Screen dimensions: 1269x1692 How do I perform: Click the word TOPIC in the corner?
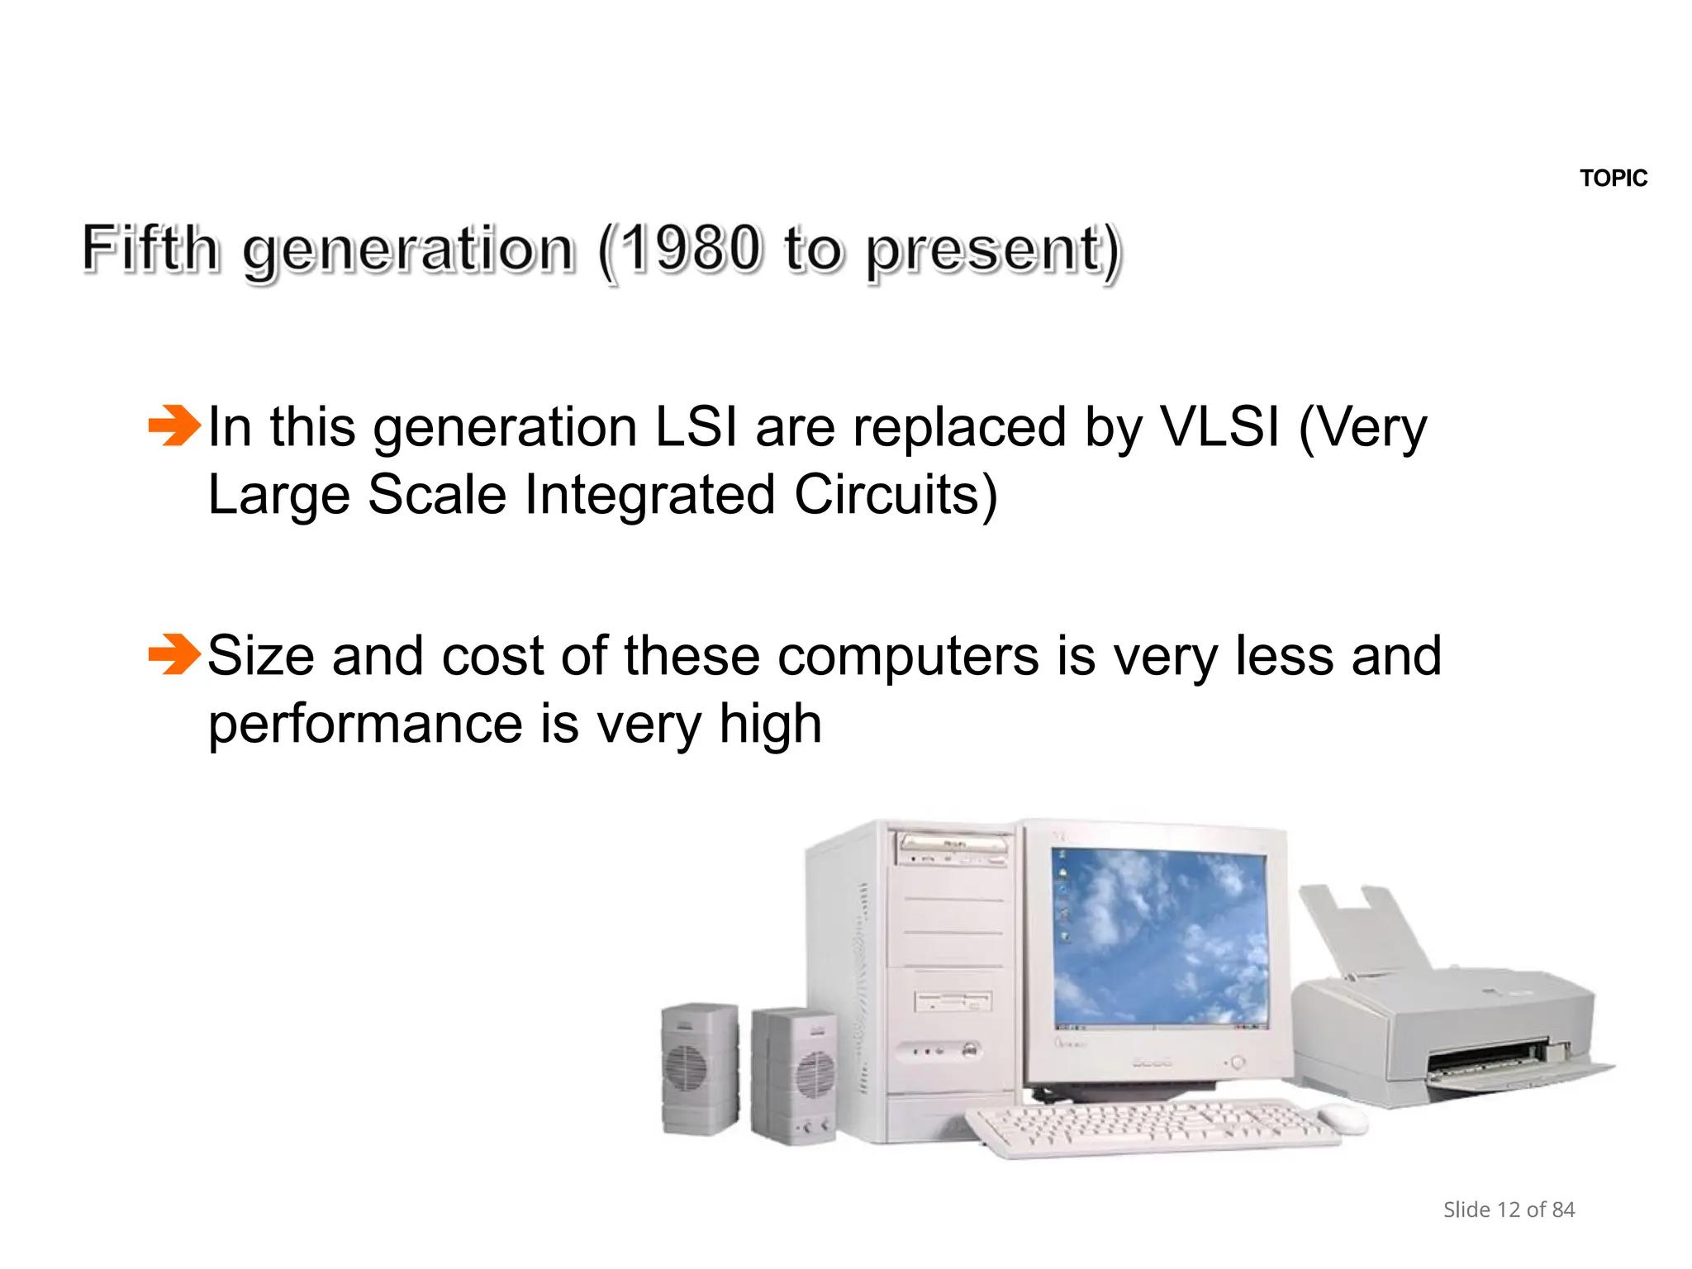[1613, 178]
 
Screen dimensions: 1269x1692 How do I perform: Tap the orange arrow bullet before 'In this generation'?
[173, 425]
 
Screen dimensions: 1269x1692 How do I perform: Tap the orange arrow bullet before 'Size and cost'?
[173, 654]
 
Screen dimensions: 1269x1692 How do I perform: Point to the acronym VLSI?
[1220, 427]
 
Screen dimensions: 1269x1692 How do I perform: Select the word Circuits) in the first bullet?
[896, 495]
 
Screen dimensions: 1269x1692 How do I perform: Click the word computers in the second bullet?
[908, 656]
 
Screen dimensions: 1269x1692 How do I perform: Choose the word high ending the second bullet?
[770, 725]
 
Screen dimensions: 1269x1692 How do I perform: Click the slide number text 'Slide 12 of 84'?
[1509, 1210]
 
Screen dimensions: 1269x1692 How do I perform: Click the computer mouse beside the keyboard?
[1343, 1119]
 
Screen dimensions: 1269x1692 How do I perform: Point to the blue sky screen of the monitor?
[1160, 938]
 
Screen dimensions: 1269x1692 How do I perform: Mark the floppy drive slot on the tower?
[953, 1002]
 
